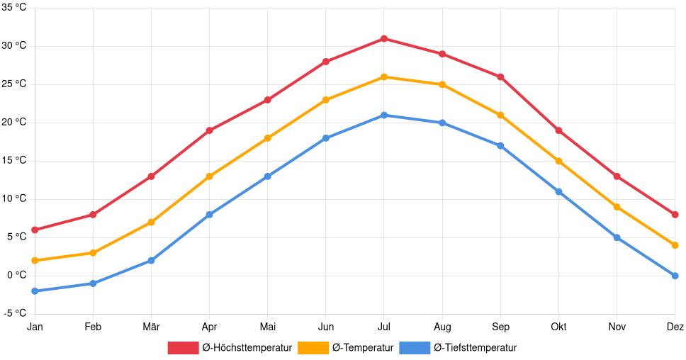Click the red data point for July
[384, 38]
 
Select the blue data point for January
[35, 291]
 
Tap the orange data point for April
[209, 176]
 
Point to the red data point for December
[675, 214]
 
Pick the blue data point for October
[558, 191]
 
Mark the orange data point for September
[500, 115]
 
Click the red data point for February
[93, 214]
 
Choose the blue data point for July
[384, 115]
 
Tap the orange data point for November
[617, 207]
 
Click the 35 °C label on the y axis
[13, 8]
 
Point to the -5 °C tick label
[13, 313]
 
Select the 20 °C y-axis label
[13, 122]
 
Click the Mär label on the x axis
[151, 327]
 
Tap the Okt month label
[558, 327]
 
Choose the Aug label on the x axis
[442, 327]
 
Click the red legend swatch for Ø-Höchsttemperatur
[184, 347]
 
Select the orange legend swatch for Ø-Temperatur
[313, 347]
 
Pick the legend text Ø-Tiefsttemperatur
[475, 347]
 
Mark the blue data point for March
[151, 260]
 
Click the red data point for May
[267, 100]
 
